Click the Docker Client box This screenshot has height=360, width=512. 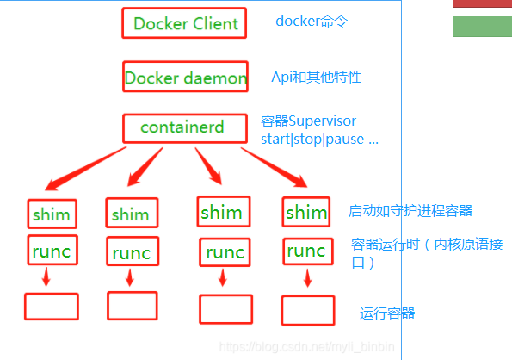coord(184,23)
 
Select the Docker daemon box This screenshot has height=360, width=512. coord(185,78)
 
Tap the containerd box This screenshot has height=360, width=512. coord(182,127)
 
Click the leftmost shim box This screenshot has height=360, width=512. coord(51,213)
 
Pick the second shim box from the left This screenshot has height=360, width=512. coord(131,214)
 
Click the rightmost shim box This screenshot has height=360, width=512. coord(306,212)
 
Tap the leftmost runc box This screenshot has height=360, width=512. coord(52,251)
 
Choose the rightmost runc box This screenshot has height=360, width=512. coord(306,251)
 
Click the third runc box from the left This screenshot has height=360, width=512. coord(225,252)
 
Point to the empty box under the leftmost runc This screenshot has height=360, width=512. coord(51,306)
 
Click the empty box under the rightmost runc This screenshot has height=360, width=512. coord(307,309)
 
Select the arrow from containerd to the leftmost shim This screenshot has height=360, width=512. coord(87,167)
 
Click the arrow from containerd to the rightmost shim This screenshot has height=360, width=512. coord(275,167)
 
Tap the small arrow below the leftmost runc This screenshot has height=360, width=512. coord(46,278)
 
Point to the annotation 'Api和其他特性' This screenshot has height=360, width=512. coord(316,77)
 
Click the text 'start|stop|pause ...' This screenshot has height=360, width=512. coord(318,139)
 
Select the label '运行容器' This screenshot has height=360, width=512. coord(387,313)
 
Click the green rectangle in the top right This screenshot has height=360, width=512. coord(482,26)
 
